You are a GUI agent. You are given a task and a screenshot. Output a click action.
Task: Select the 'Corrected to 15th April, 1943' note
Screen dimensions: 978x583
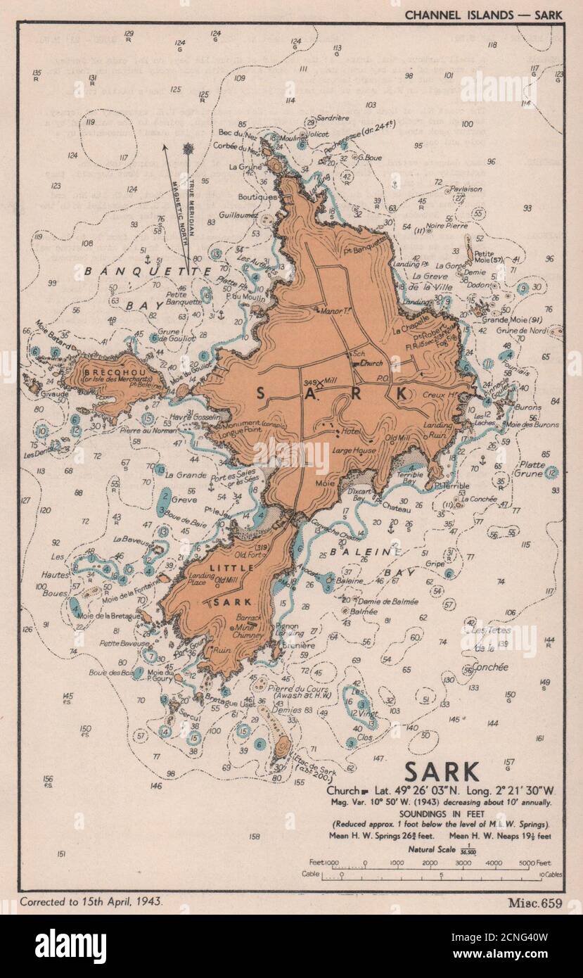coord(91,901)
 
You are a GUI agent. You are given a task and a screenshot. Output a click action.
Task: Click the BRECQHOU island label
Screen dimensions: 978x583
coord(105,372)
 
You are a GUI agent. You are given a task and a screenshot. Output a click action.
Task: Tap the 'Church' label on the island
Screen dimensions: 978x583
coord(371,364)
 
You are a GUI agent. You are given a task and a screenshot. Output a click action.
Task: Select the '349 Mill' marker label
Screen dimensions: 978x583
coord(321,381)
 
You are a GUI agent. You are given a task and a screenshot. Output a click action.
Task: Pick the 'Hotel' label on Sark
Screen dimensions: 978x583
coord(350,431)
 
